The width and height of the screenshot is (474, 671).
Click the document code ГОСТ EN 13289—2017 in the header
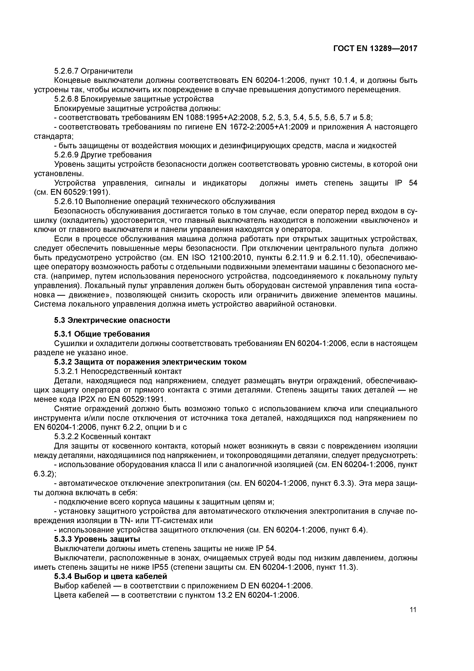click(375, 49)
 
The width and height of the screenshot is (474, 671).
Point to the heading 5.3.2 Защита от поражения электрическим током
click(150, 362)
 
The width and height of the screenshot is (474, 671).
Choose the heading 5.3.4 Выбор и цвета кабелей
click(110, 577)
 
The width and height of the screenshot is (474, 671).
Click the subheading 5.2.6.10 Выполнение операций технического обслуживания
click(164, 201)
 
